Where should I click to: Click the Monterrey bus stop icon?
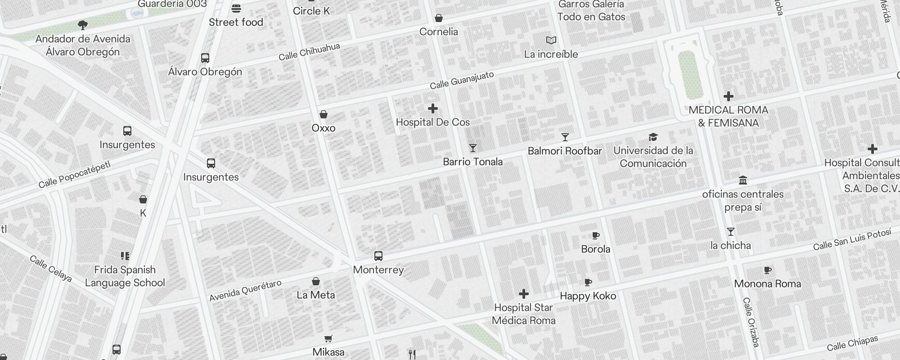[378, 256]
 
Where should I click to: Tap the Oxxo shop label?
[324, 128]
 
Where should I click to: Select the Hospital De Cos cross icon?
[433, 108]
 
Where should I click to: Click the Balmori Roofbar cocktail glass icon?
[565, 137]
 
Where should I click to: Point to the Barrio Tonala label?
[472, 162]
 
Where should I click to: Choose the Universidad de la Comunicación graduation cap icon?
[653, 137]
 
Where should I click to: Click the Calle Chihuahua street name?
[309, 52]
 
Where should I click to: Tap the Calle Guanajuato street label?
[462, 80]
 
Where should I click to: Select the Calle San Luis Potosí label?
[852, 240]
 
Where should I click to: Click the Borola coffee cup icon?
[596, 235]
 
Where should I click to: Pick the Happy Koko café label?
[588, 296]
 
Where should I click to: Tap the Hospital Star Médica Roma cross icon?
[523, 294]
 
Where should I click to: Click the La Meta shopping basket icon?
[316, 282]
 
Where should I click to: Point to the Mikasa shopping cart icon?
[328, 338]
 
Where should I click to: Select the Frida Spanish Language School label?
[125, 276]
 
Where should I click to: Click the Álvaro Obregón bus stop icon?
[205, 58]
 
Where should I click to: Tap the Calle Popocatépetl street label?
[74, 175]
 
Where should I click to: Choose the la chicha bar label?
[730, 246]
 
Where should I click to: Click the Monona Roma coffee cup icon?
[768, 270]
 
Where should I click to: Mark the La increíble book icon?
[551, 40]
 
